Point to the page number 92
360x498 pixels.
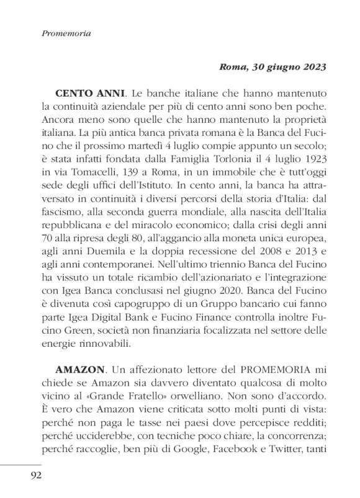[x=31, y=476]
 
